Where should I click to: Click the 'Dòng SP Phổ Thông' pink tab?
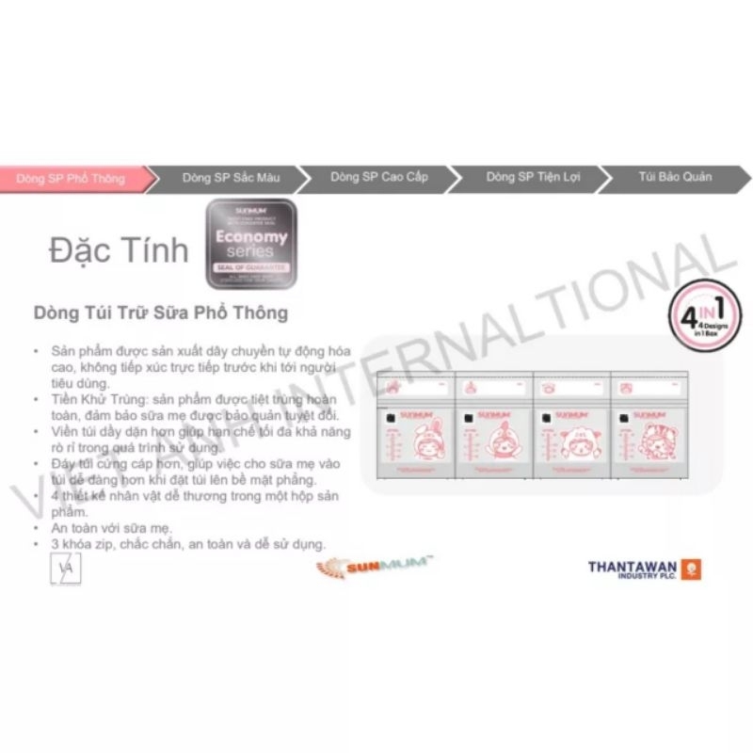click(x=71, y=178)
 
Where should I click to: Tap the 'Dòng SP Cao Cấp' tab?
click(x=372, y=178)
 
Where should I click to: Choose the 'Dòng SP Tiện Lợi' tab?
click(x=523, y=178)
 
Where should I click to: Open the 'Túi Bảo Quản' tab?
click(x=674, y=178)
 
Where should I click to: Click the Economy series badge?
click(x=250, y=244)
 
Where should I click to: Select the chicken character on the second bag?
click(x=484, y=441)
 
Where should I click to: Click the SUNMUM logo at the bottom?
click(x=372, y=567)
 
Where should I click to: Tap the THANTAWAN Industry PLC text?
click(x=630, y=569)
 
